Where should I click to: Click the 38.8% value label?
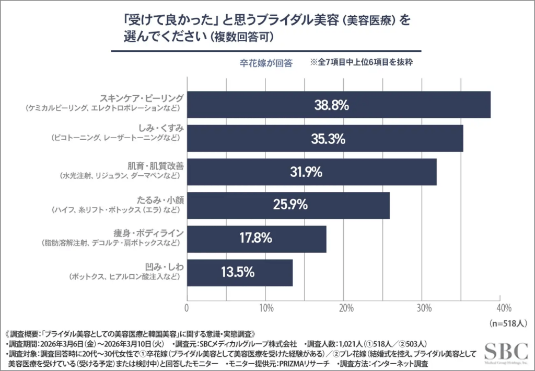[x=331, y=105]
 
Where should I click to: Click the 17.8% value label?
[x=255, y=239]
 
